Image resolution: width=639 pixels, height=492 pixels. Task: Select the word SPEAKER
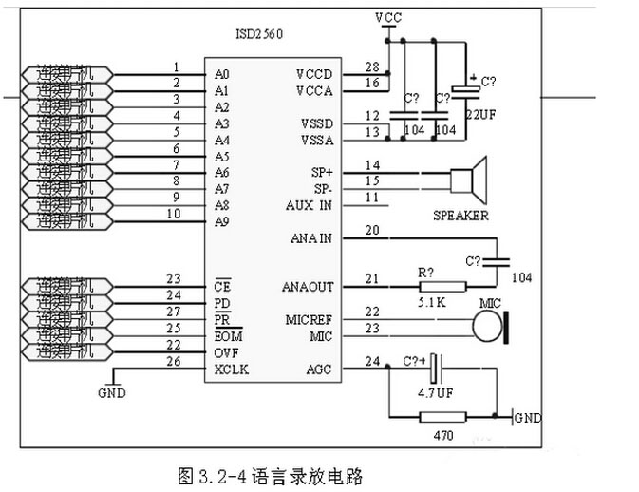point(460,216)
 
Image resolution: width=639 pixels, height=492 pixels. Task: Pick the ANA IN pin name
point(310,238)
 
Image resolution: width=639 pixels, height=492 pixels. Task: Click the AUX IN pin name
point(309,205)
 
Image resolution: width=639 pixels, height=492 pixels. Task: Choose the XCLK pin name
point(231,369)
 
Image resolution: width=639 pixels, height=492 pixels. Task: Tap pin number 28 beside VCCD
point(372,66)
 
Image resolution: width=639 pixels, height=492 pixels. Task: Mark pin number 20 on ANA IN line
point(372,231)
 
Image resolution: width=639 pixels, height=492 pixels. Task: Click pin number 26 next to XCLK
point(173,361)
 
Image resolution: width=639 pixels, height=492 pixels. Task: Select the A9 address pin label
point(222,222)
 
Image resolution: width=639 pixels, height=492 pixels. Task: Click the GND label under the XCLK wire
point(111,392)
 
